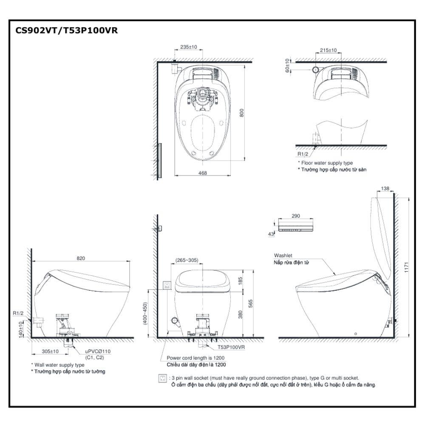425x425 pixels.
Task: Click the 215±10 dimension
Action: click(x=328, y=50)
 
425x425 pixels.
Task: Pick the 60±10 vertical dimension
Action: click(x=287, y=66)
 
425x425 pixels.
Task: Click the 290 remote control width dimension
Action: click(x=296, y=216)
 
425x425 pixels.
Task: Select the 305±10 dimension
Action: click(x=50, y=351)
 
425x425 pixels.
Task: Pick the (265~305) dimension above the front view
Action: click(x=186, y=260)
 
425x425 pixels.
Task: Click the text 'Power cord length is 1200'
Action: click(x=195, y=358)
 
